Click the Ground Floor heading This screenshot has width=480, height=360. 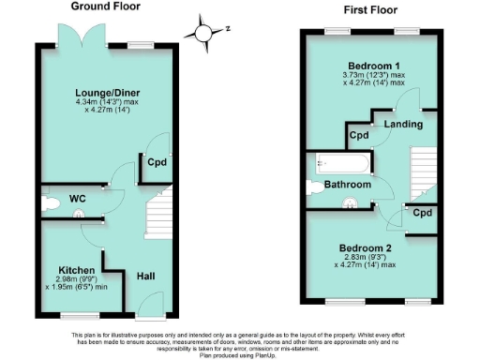point(105,6)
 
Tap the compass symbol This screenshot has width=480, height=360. point(202,32)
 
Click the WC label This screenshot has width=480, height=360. point(78,199)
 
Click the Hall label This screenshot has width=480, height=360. point(146,277)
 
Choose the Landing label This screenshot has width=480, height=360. point(403,124)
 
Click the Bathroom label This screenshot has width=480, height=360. point(347,186)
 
